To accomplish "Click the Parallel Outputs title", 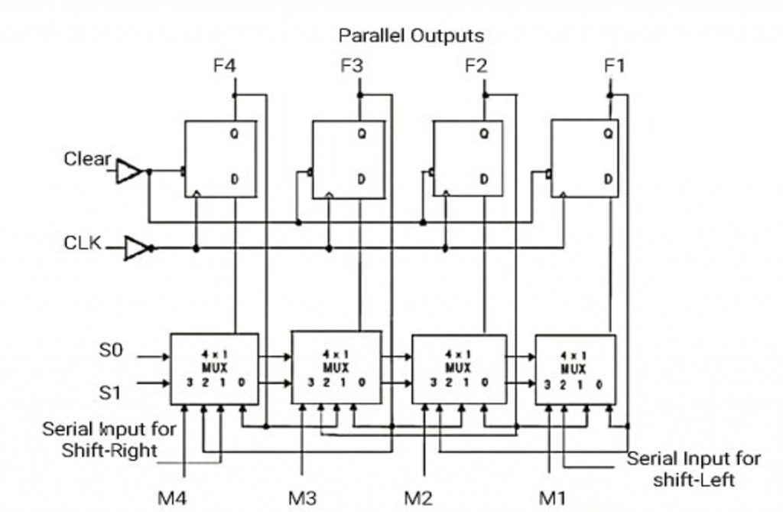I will [411, 35].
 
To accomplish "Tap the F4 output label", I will [224, 66].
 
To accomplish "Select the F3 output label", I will [352, 66].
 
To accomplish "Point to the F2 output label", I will [476, 66].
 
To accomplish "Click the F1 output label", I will [614, 66].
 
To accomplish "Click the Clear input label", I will [87, 159].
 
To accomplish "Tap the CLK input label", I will [83, 243].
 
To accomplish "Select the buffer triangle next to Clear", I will [128, 171].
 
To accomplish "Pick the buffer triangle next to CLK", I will [136, 248].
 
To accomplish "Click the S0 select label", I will [110, 351].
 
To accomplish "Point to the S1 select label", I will [110, 393].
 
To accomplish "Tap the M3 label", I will [302, 497].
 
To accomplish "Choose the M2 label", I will [418, 497].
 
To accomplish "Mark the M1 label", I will [552, 497].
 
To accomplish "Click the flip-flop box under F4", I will [220, 158].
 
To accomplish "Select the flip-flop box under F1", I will [585, 158].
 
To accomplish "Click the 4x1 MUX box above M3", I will [336, 367].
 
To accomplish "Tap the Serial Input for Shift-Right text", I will [109, 439].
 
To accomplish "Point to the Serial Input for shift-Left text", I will [694, 469].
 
